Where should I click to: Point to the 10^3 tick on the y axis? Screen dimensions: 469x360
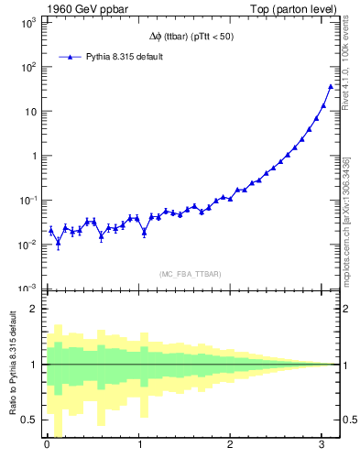[27, 23]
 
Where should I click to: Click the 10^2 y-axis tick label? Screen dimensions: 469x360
[27, 68]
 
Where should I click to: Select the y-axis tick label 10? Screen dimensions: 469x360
[29, 112]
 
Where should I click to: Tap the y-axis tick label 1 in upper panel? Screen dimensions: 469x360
[33, 156]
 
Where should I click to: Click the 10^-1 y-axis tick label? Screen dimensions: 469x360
[27, 200]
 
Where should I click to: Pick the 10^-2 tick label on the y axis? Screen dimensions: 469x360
[27, 245]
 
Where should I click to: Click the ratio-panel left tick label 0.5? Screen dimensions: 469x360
[28, 420]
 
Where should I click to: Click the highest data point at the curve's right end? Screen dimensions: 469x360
[331, 87]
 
